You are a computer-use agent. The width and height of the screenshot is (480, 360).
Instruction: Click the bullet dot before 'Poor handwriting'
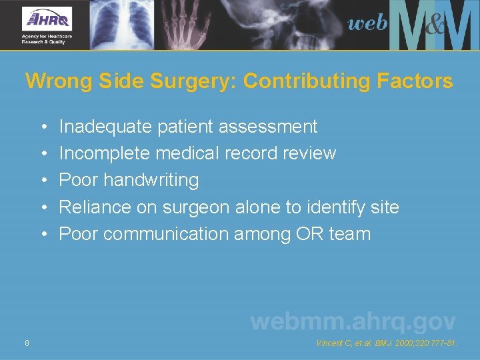pos(43,181)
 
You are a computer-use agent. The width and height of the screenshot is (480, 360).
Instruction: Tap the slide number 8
pos(26,343)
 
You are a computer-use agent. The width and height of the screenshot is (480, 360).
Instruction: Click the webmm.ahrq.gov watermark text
pos(353,321)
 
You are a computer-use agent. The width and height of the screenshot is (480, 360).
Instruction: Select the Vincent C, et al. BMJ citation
pos(386,343)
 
